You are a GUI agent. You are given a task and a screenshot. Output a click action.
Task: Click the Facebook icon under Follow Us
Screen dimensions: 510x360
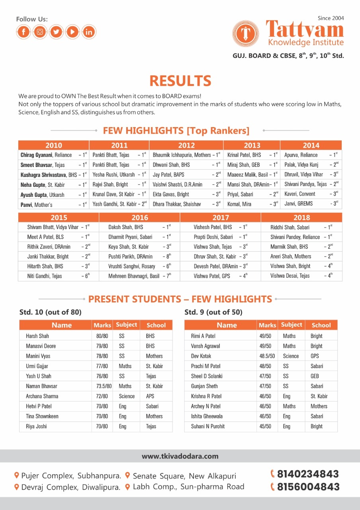pyautogui.click(x=24, y=31)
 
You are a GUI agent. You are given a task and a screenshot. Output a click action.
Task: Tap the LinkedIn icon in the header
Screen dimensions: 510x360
pyautogui.click(x=88, y=31)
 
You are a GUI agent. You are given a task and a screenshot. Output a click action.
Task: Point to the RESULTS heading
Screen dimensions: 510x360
pyautogui.click(x=180, y=81)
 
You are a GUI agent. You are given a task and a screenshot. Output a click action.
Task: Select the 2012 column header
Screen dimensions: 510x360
pyautogui.click(x=186, y=145)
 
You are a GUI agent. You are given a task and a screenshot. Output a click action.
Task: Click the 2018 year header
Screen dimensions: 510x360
pyautogui.click(x=301, y=218)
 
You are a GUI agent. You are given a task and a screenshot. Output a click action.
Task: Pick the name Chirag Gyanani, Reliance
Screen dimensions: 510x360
pyautogui.click(x=46, y=155)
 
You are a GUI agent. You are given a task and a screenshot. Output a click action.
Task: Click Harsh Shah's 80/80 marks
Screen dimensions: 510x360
pyautogui.click(x=102, y=336)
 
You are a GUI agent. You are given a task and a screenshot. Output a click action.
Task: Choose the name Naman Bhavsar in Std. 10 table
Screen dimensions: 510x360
pyautogui.click(x=41, y=386)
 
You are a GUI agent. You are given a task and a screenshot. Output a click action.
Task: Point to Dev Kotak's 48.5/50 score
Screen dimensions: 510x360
pyautogui.click(x=267, y=356)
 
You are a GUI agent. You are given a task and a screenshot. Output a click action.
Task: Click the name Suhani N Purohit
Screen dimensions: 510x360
pyautogui.click(x=208, y=426)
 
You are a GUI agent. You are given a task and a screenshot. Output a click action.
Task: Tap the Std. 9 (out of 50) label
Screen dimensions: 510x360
pyautogui.click(x=213, y=312)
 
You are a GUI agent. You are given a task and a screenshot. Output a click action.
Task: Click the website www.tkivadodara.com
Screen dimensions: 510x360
pyautogui.click(x=180, y=456)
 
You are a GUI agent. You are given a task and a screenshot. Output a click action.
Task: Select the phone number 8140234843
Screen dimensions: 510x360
pyautogui.click(x=308, y=474)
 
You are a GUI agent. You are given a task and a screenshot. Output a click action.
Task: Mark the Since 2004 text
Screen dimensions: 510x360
pyautogui.click(x=331, y=18)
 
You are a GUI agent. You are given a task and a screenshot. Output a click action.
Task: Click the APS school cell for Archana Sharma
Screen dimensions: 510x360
pyautogui.click(x=150, y=396)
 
